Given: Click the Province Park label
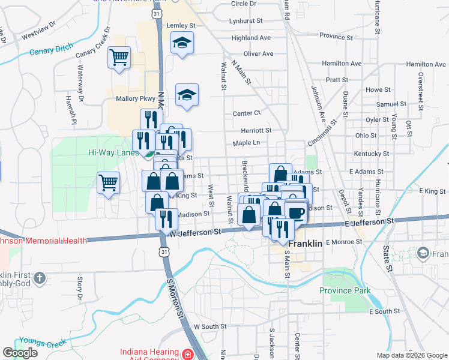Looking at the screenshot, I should point(345,291).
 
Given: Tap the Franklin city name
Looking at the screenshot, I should point(307,245).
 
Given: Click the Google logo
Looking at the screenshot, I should point(20,353).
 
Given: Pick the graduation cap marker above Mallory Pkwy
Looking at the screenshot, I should point(187,94).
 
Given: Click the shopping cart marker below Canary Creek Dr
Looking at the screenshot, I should point(119,58).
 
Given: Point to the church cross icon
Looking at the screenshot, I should point(40,278).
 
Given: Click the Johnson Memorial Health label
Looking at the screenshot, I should point(42,241).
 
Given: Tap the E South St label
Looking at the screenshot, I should point(384,311).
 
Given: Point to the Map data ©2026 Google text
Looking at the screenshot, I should point(411,355).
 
